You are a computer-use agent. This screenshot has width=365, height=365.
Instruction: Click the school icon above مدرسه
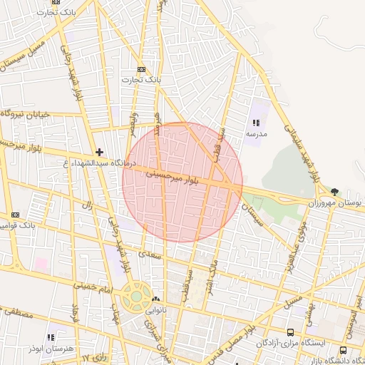[x=256, y=123]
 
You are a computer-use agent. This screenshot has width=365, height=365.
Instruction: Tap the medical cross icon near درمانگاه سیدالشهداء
[x=99, y=152]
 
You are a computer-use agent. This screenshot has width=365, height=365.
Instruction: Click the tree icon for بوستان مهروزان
[x=335, y=192]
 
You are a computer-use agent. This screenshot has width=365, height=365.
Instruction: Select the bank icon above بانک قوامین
[x=16, y=215]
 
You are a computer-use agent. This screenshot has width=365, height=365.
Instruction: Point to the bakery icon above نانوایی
[x=155, y=299]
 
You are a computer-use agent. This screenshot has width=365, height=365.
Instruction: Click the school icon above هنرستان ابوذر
[x=50, y=336]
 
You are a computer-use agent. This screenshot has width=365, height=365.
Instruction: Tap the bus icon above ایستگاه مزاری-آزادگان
[x=290, y=332]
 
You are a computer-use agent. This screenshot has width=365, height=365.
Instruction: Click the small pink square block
[x=41, y=263]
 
